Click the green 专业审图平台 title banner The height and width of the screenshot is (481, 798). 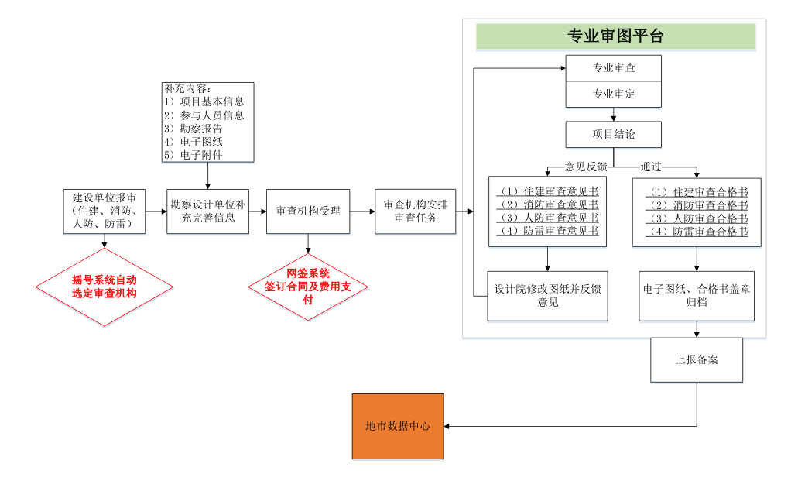point(615,36)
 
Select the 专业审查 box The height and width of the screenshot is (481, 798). point(614,68)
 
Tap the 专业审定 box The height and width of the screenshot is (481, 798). point(614,94)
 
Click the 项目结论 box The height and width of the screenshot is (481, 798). point(614,134)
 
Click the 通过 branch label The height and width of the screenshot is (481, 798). point(650,166)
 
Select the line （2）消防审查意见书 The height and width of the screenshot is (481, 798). point(548,205)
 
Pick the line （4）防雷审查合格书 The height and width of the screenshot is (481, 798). point(697,232)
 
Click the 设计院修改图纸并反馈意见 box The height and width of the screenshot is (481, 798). point(548,296)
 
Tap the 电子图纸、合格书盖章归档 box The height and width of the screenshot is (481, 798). point(697,296)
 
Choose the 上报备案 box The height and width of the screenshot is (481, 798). point(697,359)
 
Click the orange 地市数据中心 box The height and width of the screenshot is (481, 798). point(398,426)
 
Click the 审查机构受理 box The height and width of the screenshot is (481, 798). point(308,211)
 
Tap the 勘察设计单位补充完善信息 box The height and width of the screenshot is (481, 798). point(208,211)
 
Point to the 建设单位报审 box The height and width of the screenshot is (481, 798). point(104,211)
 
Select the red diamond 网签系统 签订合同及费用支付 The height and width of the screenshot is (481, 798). point(308,286)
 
